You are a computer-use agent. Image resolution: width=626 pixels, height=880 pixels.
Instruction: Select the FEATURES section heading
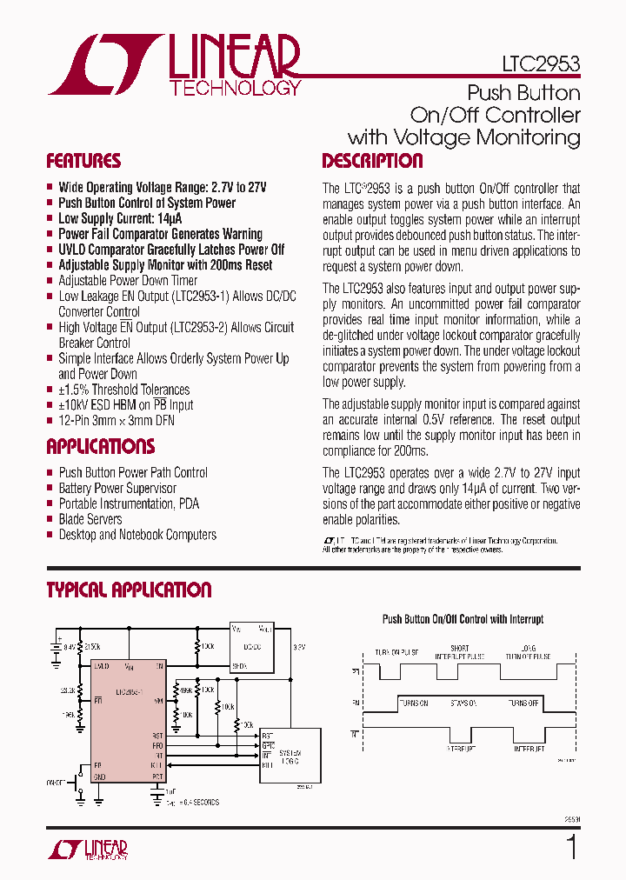83,161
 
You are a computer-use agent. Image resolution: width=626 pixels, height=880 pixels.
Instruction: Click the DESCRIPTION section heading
372,161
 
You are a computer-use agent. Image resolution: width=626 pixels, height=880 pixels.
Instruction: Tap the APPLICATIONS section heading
100,447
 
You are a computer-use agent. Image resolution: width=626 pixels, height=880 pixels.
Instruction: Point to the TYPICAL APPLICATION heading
129,590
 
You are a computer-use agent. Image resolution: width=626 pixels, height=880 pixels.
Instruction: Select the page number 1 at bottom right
571,846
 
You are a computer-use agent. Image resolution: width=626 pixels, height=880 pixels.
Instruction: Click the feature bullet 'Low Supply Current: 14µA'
120,218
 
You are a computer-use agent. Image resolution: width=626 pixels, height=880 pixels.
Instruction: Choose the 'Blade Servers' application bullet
90,519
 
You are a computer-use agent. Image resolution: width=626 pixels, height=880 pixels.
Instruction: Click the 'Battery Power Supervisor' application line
117,488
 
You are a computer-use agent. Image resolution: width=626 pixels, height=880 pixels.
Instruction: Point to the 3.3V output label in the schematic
299,648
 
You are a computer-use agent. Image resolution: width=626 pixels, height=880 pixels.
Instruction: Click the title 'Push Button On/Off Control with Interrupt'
463,619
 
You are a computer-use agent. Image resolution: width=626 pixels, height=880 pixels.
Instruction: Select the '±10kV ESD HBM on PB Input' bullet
126,405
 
